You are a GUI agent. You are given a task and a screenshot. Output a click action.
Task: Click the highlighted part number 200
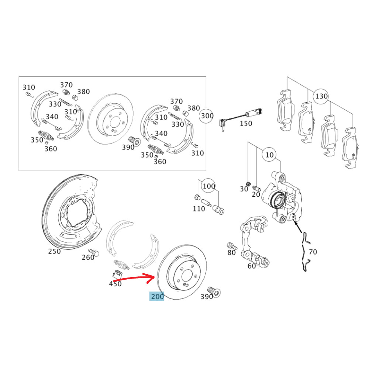pos(156,296)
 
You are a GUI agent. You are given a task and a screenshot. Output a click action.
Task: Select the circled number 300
pos(207,115)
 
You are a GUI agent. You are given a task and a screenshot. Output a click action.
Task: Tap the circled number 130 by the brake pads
pos(321,96)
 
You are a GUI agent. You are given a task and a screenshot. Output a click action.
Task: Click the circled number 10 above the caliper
pos(270,155)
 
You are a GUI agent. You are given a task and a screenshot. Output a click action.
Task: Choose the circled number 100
pos(209,186)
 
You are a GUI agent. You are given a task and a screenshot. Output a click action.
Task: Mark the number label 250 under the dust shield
pos(54,251)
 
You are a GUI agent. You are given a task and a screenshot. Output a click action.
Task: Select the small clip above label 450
pos(117,274)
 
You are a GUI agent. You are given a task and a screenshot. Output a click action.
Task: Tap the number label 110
pos(199,209)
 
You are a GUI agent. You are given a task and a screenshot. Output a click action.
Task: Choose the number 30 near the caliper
pos(244,189)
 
